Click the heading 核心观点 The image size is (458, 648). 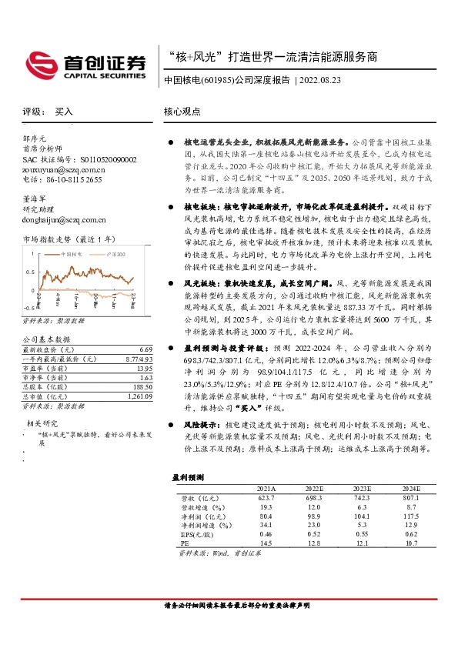pyautogui.click(x=182, y=112)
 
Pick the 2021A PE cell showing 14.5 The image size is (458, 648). pyautogui.click(x=266, y=543)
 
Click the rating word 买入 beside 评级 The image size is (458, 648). pyautogui.click(x=64, y=112)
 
